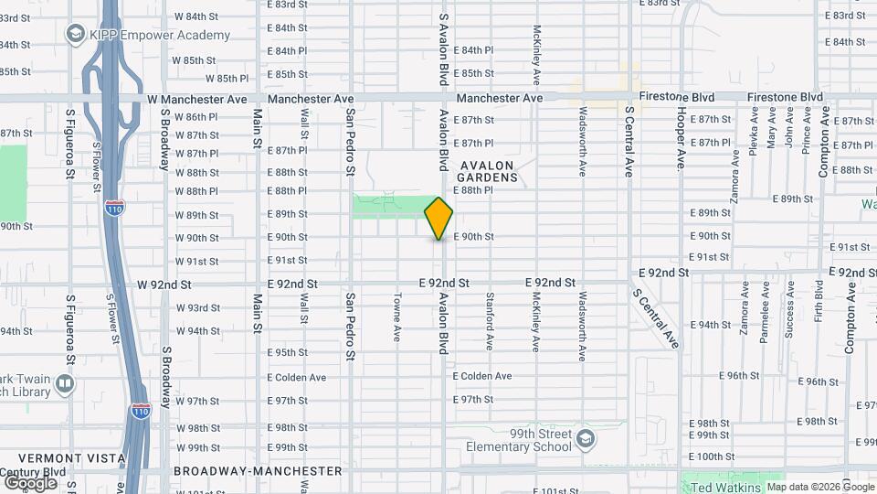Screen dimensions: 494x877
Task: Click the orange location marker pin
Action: tap(439, 218)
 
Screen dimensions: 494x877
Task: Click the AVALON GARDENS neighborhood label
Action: tap(489, 171)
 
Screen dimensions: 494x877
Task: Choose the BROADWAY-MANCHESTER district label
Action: tap(258, 471)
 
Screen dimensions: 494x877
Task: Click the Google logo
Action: tap(30, 482)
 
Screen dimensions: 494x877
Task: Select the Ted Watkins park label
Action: tap(726, 487)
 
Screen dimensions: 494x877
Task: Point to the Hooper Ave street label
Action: tap(682, 138)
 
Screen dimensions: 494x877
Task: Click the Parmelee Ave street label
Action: tap(764, 312)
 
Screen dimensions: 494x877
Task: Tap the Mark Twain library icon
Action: tap(65, 382)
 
